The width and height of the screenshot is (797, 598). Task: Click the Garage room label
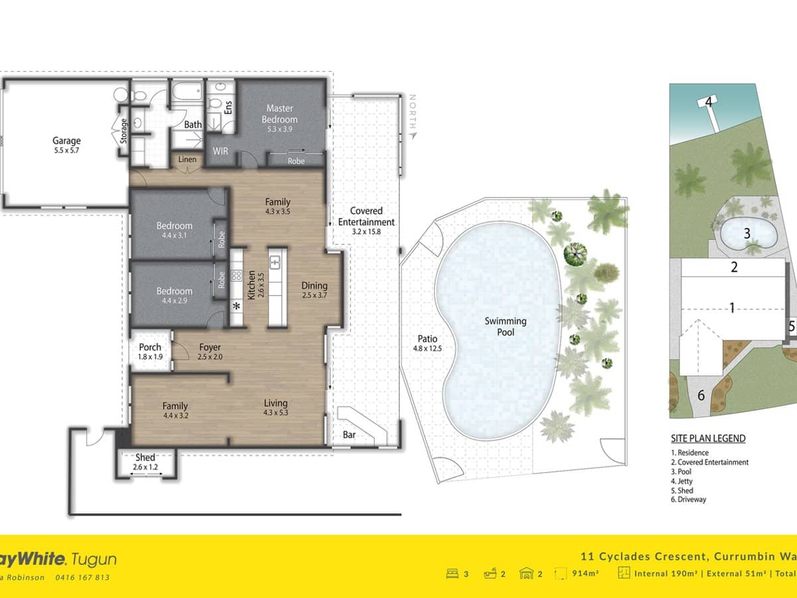[x=66, y=140]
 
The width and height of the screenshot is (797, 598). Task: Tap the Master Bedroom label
[x=280, y=114]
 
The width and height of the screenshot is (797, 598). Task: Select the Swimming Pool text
[x=505, y=326]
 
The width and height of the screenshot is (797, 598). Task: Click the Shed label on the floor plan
[x=145, y=457]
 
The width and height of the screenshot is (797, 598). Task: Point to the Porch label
[x=150, y=347]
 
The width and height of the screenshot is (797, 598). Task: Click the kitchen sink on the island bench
[x=277, y=260]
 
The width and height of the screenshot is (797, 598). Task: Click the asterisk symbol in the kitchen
[x=236, y=306]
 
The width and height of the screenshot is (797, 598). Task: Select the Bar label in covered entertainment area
[x=349, y=435]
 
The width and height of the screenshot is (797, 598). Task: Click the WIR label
[x=221, y=151]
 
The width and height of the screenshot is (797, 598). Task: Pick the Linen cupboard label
[x=187, y=159]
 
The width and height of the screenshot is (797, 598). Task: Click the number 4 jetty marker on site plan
[x=709, y=102]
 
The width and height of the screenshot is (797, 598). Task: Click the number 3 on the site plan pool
[x=747, y=233]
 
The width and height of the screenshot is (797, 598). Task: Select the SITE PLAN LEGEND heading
[x=707, y=439]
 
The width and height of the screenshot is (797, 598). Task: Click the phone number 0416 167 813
[x=82, y=577]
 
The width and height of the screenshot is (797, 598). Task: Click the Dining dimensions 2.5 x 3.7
[x=314, y=295]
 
